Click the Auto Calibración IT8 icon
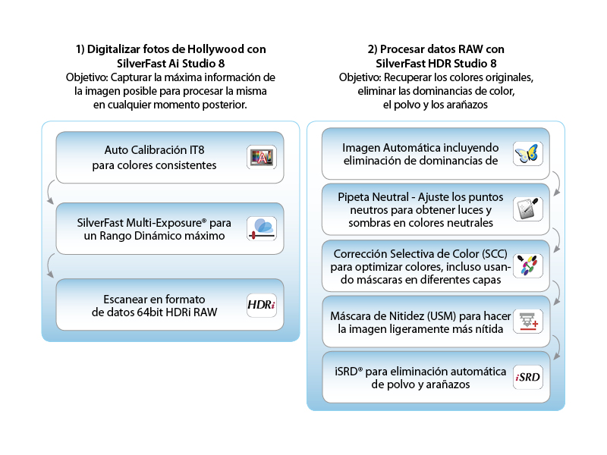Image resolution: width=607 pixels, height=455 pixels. (262, 157)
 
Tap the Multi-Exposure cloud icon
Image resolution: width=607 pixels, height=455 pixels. (262, 228)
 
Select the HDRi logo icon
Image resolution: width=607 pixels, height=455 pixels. (262, 305)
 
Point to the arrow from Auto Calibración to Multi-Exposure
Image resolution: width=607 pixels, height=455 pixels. (50, 193)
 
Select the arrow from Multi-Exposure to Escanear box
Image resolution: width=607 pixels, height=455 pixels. (50, 266)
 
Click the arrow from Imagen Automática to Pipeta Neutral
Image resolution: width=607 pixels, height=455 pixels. (556, 181)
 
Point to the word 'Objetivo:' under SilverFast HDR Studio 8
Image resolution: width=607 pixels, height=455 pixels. (360, 77)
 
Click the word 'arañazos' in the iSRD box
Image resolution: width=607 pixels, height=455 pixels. (447, 384)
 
